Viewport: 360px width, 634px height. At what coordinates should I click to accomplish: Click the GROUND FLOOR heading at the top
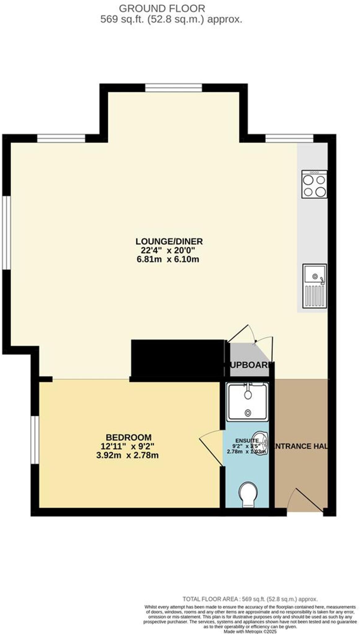click(x=162, y=8)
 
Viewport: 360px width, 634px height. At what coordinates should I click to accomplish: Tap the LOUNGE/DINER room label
click(x=169, y=241)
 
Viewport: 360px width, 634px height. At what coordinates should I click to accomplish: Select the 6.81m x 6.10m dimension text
click(x=168, y=259)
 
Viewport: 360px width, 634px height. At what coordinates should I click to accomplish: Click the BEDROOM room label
click(x=129, y=437)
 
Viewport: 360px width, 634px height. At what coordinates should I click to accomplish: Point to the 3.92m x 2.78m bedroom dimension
click(x=127, y=455)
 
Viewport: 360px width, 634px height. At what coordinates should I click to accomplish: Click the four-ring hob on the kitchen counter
click(x=314, y=184)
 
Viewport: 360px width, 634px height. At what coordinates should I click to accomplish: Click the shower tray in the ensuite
click(x=247, y=402)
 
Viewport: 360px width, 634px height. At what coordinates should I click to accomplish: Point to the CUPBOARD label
click(x=249, y=365)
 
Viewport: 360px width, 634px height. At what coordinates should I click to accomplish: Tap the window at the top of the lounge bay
click(x=173, y=88)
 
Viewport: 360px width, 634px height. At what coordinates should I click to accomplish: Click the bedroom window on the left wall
click(x=35, y=440)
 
